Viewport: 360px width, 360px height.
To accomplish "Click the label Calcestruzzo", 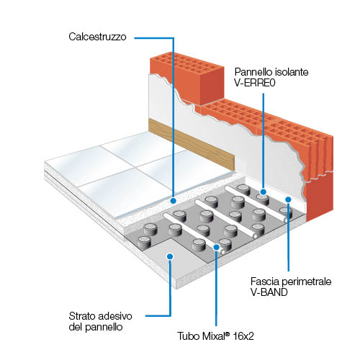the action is click(97, 37).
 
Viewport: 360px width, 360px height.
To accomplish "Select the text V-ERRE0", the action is click(255, 83).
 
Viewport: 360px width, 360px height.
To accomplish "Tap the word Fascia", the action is click(265, 282).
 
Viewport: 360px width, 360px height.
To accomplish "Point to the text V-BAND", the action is click(269, 292).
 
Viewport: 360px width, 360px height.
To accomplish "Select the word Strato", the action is click(81, 316).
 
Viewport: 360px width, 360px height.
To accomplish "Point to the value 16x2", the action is click(243, 336).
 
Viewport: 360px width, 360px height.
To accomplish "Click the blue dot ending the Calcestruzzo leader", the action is click(173, 200).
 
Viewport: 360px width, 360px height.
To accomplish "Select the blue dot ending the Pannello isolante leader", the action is click(264, 192).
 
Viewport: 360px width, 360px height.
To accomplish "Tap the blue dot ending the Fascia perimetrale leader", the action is click(288, 199).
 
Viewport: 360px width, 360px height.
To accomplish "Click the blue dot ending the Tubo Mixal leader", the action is click(216, 247).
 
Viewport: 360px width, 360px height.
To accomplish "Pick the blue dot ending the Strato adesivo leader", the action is click(170, 256).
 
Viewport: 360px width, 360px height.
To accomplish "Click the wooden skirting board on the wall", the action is click(192, 145).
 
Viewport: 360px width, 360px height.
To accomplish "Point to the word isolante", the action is click(292, 72).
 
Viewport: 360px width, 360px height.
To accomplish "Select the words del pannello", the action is click(96, 327).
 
